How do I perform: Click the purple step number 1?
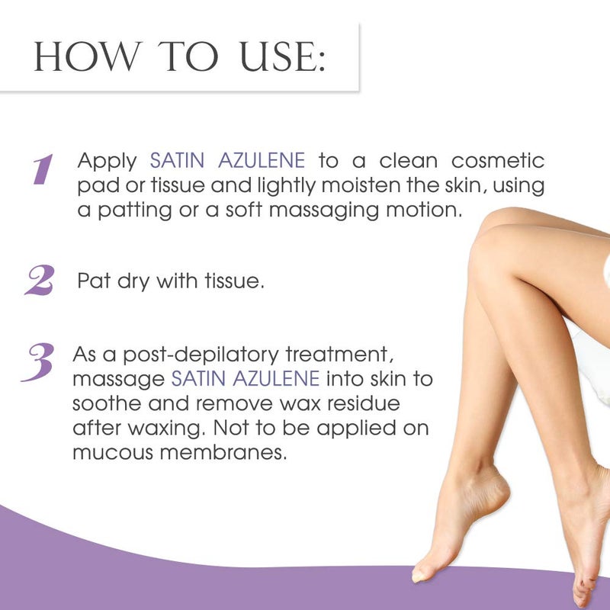pos(43,169)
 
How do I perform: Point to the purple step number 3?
pos(37,363)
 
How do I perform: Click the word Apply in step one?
pos(108,162)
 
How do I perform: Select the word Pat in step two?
pos(92,282)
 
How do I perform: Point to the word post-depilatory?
pos(191,356)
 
